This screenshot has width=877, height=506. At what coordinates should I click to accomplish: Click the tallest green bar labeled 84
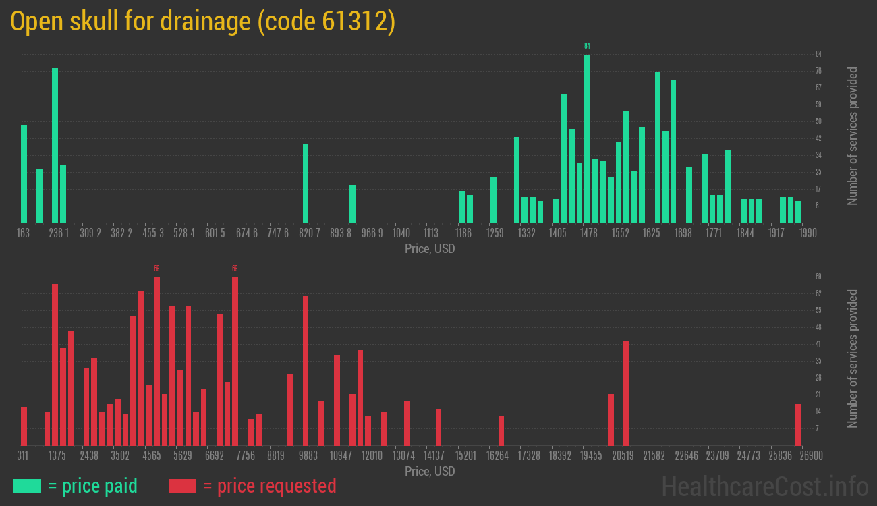tap(587, 138)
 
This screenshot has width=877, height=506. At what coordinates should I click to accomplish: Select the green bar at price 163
tap(24, 173)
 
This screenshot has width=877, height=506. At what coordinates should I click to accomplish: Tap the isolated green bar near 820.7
tap(306, 184)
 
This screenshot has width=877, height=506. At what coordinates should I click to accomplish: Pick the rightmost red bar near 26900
tap(798, 424)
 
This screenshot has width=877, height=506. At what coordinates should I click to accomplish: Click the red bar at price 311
tap(24, 426)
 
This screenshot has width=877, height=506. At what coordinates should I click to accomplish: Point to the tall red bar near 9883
tap(306, 370)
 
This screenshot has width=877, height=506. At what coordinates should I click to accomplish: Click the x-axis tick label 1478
tap(589, 233)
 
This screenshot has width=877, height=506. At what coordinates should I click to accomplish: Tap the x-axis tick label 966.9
tap(372, 233)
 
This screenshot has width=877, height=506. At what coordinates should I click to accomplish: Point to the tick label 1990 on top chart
tap(808, 233)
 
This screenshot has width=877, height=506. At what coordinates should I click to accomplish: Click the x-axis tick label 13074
tap(404, 456)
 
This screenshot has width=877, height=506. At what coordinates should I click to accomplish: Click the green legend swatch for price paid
tap(27, 486)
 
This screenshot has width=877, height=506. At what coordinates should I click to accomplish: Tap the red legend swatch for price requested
tap(182, 486)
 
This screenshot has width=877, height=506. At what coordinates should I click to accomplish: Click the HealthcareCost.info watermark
tap(764, 486)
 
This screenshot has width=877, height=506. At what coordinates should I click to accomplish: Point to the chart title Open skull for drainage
tap(202, 22)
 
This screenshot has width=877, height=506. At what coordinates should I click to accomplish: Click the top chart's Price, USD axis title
tap(430, 249)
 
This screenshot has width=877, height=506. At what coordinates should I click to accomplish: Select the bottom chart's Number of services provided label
tap(853, 359)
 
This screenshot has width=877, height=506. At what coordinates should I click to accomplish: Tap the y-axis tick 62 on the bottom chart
tap(818, 293)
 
